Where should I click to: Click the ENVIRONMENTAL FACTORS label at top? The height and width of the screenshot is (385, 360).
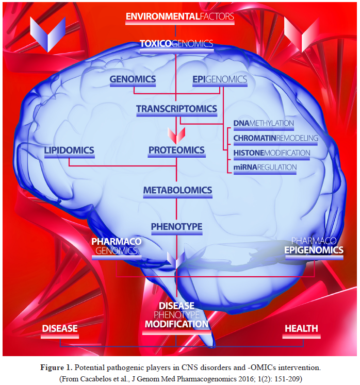[180, 16]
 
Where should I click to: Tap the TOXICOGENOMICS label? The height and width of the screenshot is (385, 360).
[176, 44]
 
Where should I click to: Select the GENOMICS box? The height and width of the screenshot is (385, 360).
[133, 79]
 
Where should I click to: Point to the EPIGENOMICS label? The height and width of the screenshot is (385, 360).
[219, 79]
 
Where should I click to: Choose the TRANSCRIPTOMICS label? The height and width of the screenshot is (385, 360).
[176, 109]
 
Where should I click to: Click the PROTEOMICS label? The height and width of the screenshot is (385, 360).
[176, 150]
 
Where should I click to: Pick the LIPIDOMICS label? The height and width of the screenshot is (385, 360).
[69, 150]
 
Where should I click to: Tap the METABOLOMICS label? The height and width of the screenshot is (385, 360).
[177, 190]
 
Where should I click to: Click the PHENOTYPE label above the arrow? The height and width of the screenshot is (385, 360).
[176, 226]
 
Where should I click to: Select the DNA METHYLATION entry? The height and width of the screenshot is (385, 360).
[264, 124]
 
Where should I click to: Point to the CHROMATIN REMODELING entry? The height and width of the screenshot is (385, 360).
[275, 138]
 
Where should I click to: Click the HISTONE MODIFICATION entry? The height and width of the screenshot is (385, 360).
[272, 153]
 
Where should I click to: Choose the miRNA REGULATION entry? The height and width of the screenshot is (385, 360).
[265, 167]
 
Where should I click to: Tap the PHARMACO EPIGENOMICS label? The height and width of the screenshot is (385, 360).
[314, 245]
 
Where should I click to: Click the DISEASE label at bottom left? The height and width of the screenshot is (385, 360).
[60, 328]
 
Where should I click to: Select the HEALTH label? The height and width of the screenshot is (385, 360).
[301, 328]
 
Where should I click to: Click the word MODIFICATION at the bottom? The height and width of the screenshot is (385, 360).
[176, 324]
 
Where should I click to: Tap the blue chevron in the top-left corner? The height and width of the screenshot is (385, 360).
[48, 34]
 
